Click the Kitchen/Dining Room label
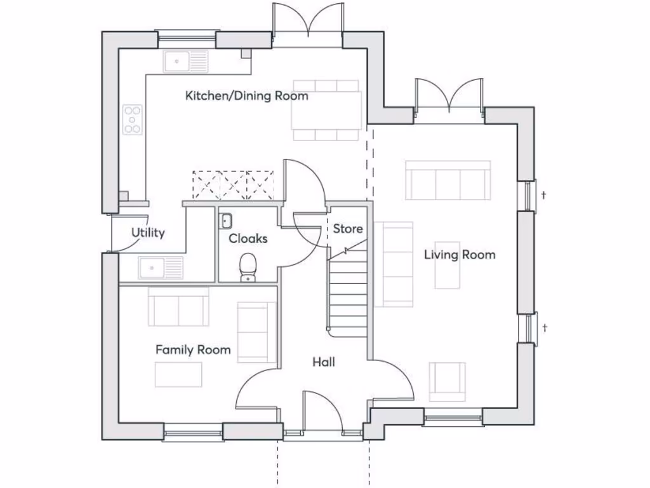(246, 96)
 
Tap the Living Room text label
(460, 255)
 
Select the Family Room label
(193, 349)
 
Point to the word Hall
(324, 362)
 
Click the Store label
(348, 229)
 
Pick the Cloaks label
(248, 239)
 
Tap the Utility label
(148, 233)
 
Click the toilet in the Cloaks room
(248, 267)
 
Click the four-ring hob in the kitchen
(132, 119)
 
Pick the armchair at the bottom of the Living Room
(448, 381)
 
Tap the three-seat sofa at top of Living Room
(448, 180)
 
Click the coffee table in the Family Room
(178, 374)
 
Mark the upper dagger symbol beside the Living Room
(544, 195)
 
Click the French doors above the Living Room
(449, 95)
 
